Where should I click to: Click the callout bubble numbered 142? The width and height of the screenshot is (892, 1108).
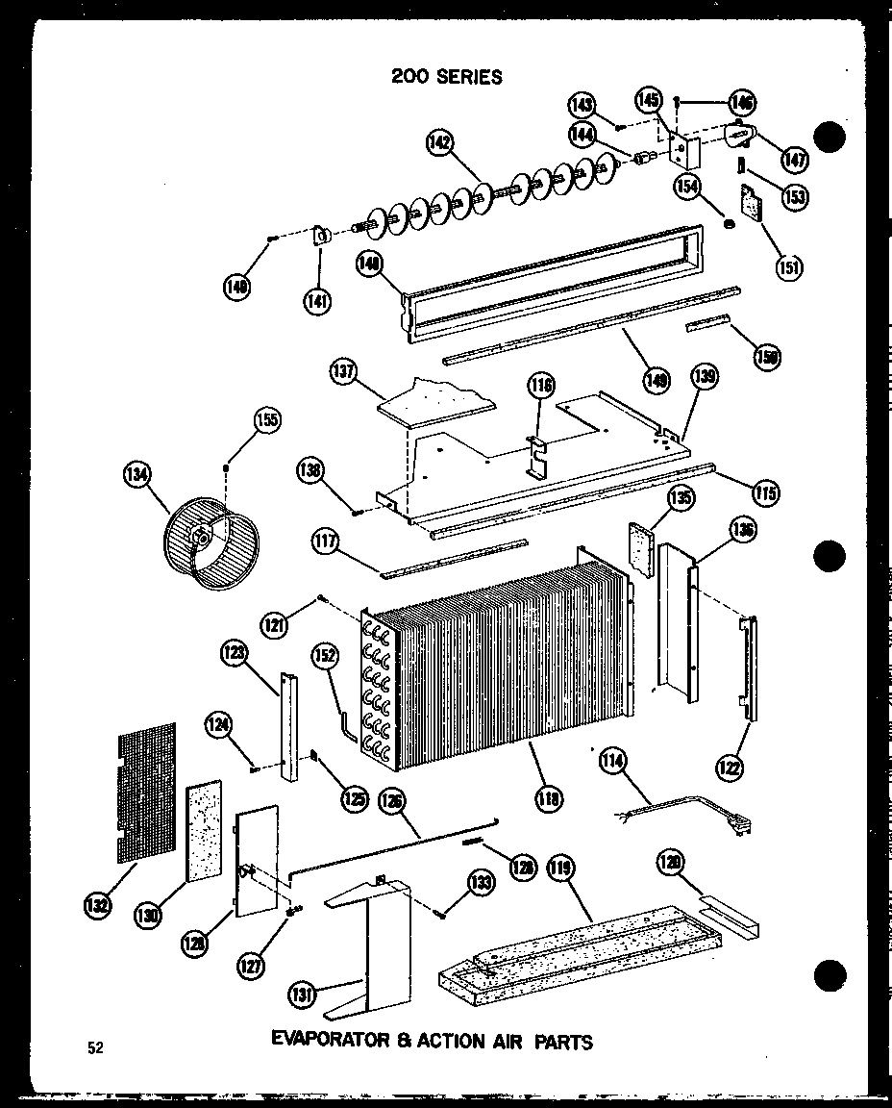tap(439, 142)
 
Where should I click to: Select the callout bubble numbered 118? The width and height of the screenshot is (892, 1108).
tap(551, 797)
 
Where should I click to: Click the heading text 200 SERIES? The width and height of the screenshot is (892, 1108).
tap(446, 77)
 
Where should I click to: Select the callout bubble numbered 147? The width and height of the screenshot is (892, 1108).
tap(795, 158)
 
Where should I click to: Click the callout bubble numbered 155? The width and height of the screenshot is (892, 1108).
tap(266, 418)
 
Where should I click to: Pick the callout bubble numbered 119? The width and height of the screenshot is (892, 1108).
tap(560, 869)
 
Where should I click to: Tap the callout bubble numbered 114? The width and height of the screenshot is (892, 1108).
tap(610, 762)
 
